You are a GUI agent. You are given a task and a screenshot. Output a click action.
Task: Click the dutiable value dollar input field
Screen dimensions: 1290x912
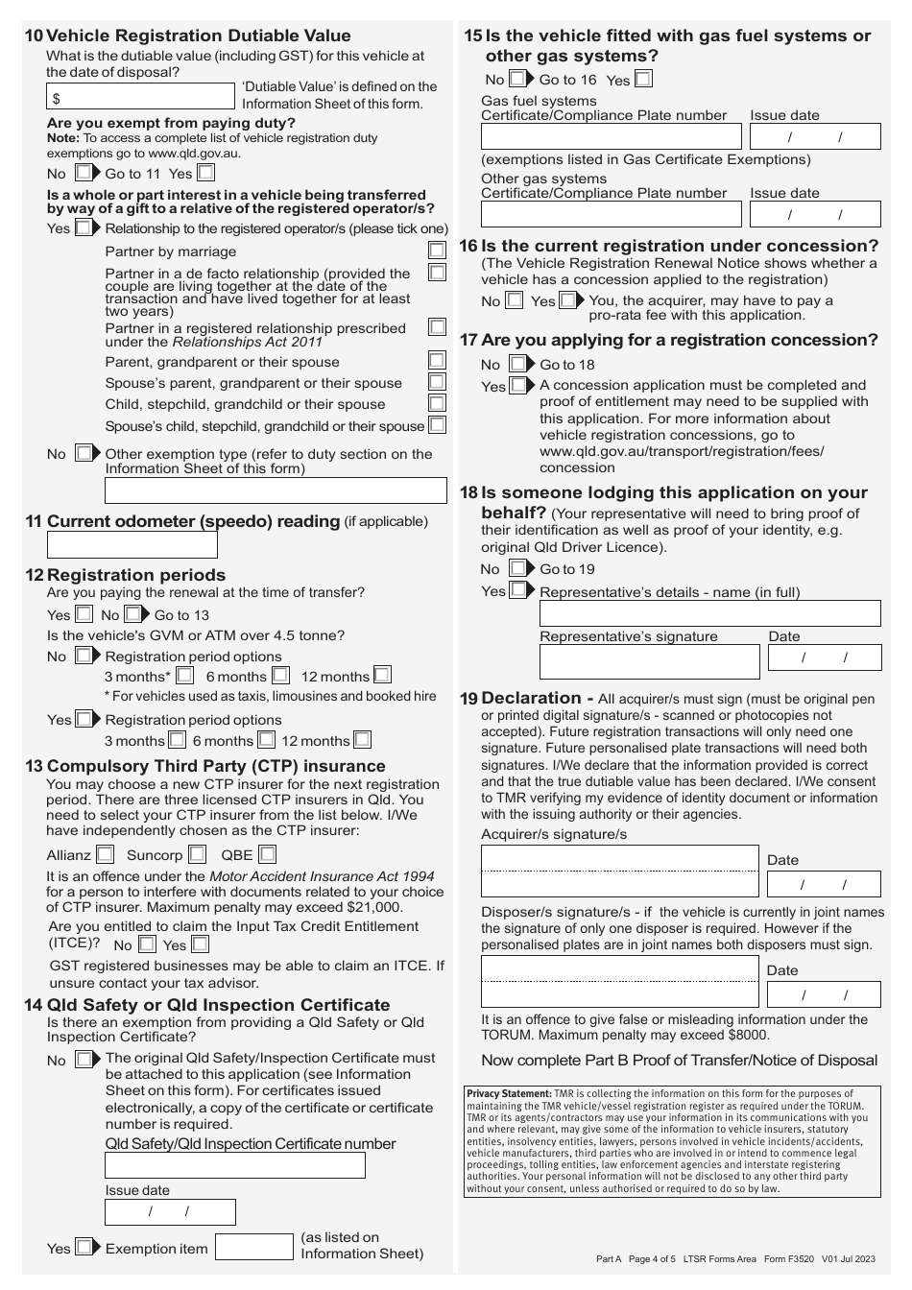tap(140, 97)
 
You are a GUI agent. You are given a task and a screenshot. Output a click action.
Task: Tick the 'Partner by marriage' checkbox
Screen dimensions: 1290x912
tap(437, 251)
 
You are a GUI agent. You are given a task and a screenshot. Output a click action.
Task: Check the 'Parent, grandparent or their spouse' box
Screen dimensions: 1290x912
tap(437, 361)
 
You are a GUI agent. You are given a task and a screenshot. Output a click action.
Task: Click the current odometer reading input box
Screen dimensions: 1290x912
tap(132, 544)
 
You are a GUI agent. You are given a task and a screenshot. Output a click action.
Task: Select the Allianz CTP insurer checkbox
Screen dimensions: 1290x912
tap(105, 854)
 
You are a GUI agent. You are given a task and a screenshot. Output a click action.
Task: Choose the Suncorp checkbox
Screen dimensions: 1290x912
tap(197, 854)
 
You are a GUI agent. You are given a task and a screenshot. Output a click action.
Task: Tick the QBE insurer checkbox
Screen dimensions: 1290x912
tap(268, 854)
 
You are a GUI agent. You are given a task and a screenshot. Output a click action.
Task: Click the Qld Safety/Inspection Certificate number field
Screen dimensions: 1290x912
tap(235, 1165)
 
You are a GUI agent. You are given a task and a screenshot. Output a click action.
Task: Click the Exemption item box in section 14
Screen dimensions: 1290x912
tap(253, 1247)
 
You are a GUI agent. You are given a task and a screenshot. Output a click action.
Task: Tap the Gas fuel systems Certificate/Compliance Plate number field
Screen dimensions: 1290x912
tap(612, 136)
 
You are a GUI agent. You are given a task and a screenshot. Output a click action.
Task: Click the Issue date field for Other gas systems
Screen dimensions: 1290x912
tap(815, 214)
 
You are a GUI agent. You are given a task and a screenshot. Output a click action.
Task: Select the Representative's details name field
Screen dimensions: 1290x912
tap(709, 613)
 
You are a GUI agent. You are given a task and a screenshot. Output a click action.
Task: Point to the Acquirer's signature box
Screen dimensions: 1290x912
tap(619, 872)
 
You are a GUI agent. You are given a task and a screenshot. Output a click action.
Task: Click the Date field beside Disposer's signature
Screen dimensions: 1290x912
tap(824, 994)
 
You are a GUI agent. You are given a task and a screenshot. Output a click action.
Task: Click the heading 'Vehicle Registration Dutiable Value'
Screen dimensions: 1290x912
tap(199, 36)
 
